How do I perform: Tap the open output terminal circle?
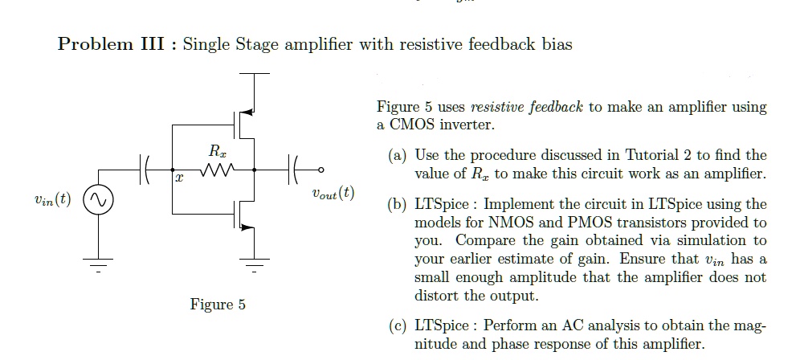click(x=321, y=170)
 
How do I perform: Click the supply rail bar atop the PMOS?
click(x=255, y=73)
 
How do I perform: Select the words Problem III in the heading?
click(x=116, y=44)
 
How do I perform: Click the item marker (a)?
click(x=398, y=155)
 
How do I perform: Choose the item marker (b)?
click(x=398, y=204)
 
